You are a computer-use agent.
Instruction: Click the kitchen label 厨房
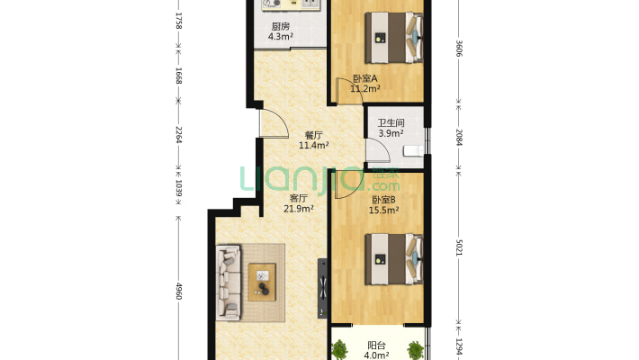point(281,26)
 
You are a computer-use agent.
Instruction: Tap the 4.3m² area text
point(281,37)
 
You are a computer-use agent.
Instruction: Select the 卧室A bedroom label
point(364,78)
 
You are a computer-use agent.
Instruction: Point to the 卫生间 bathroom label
point(391,122)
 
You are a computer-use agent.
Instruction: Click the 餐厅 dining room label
point(314,135)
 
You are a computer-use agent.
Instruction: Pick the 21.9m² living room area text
point(299,209)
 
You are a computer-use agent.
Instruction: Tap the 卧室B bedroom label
point(383,200)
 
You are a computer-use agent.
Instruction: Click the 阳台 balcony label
point(376,346)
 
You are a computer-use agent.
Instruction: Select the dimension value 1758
point(178,21)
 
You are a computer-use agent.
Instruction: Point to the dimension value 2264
point(178,134)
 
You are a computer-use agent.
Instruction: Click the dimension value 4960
point(178,291)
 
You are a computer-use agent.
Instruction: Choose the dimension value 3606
point(459,49)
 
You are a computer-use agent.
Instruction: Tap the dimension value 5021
point(459,247)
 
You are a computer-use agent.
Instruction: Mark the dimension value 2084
point(459,138)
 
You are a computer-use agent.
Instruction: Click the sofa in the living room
point(229,282)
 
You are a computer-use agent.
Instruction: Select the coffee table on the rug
point(262,282)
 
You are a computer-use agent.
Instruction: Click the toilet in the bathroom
point(414,151)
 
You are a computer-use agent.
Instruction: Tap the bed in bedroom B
point(393,259)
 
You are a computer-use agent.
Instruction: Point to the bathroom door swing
point(378,151)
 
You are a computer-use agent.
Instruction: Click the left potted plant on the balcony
point(339,350)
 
